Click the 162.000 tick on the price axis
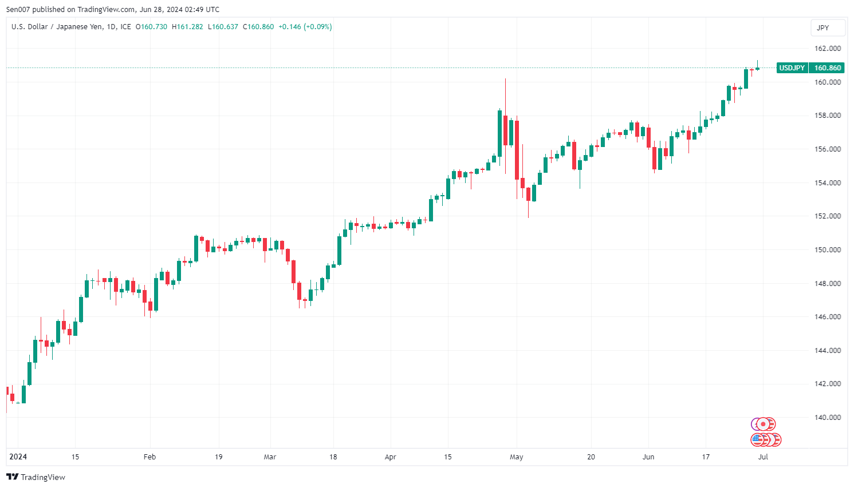coord(828,49)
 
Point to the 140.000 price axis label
coord(828,418)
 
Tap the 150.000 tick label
coord(828,250)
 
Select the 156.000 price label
coord(828,149)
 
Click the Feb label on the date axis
coord(149,457)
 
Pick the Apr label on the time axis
coord(390,457)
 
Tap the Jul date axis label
coord(763,457)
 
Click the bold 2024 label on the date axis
coord(18,457)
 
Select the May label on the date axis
coord(516,457)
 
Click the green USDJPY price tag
coord(792,68)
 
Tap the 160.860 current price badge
coord(828,68)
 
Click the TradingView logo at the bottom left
coord(36,477)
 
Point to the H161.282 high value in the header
coord(187,27)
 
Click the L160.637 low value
coord(223,27)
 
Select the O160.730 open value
coord(151,27)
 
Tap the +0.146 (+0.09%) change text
coord(305,27)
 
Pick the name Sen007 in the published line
coord(18,10)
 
